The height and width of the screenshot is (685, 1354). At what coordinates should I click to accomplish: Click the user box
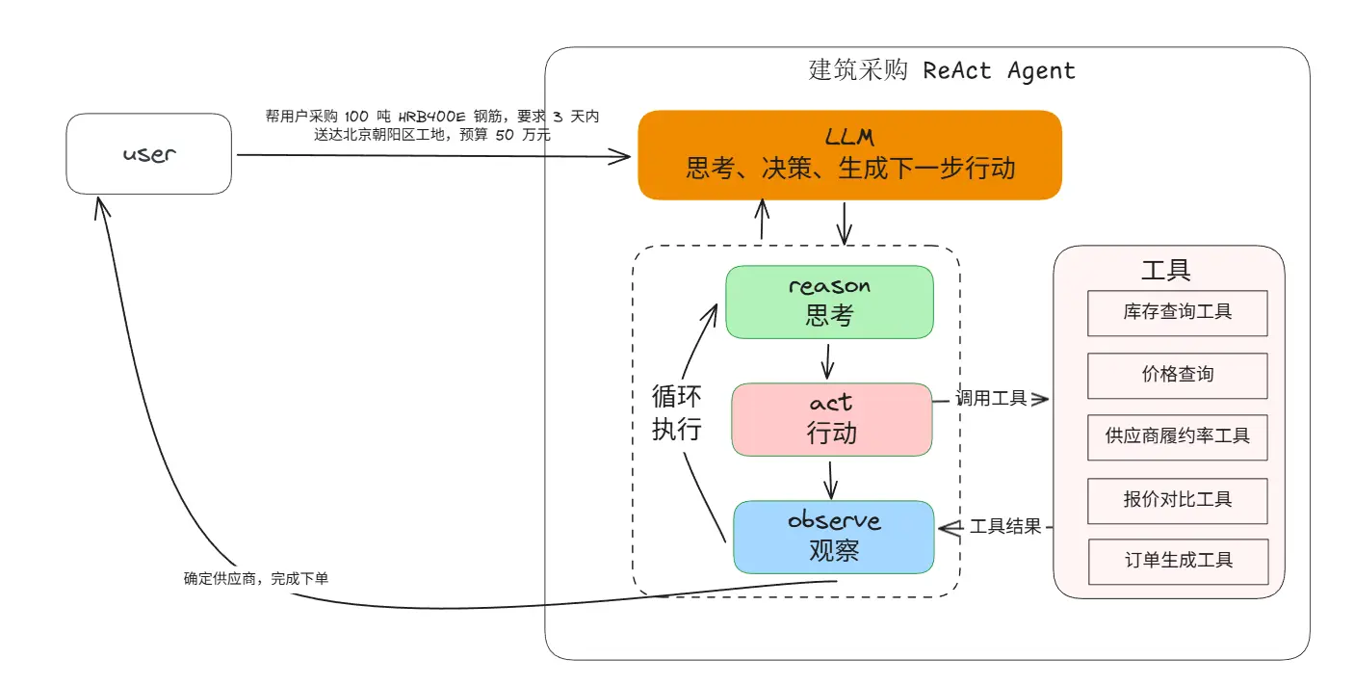coord(148,154)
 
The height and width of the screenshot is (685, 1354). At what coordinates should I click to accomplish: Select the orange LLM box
coord(849,155)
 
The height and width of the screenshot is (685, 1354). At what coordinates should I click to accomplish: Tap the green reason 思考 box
coord(829,303)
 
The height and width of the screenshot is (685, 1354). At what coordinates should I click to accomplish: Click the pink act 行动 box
coord(831,419)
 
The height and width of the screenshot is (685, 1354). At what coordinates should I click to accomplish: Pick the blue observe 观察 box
coord(833,537)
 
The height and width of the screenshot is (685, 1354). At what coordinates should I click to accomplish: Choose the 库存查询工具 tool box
coord(1177,312)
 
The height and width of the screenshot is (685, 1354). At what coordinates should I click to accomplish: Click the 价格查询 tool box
coord(1177,375)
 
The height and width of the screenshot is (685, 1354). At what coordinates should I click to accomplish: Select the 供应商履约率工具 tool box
coord(1177,436)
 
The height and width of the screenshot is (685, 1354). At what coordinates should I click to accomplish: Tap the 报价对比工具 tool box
coord(1177,499)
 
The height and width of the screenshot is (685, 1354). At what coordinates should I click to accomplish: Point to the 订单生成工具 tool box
coord(1177,561)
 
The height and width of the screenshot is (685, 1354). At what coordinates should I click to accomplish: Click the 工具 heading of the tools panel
coord(1165,270)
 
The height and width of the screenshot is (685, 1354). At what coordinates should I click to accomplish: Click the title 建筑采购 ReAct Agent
coord(941,71)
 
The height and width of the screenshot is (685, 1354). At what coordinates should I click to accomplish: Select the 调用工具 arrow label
coord(990,398)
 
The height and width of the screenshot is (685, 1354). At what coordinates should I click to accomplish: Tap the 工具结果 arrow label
coord(1004,527)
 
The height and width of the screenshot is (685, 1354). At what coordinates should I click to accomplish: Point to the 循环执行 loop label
coord(676,412)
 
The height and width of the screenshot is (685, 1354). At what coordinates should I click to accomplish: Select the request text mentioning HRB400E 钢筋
coord(431,125)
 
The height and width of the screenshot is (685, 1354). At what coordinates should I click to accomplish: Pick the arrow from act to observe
coord(829,478)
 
